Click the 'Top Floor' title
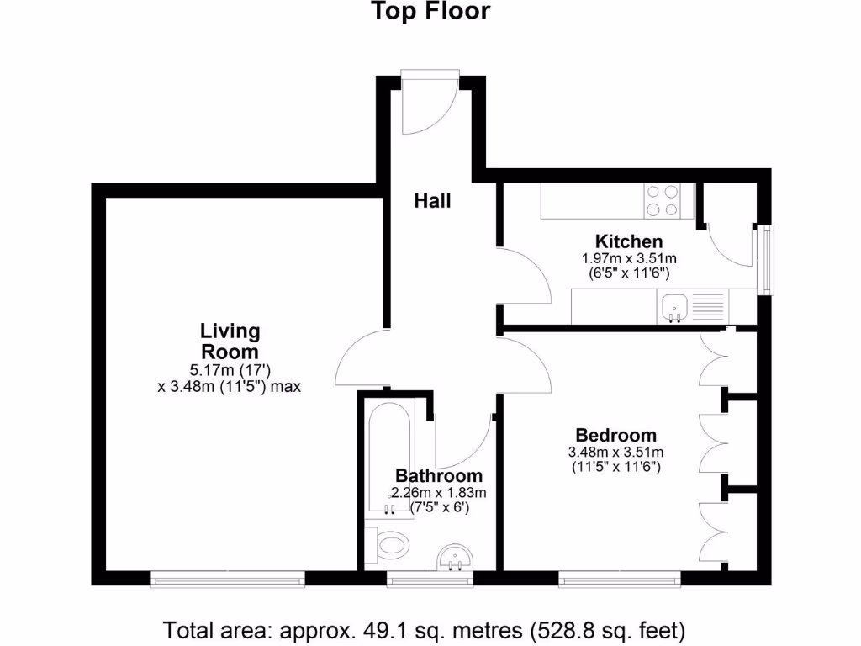[430, 12]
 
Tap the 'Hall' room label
[432, 201]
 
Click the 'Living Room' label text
[230, 342]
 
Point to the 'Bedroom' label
[615, 435]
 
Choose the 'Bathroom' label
[439, 475]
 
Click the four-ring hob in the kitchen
[662, 201]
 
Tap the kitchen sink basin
[673, 306]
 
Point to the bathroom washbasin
[457, 559]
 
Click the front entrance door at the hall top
[430, 103]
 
